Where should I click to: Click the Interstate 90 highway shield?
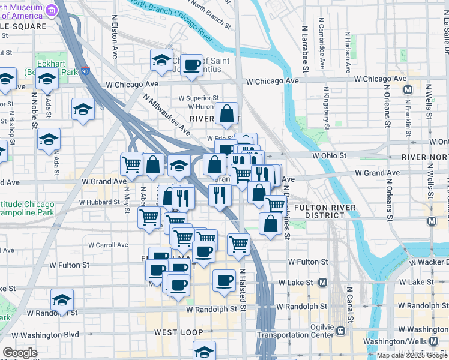[86, 71]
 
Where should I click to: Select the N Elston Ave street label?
[115, 35]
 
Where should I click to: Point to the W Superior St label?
[199, 98]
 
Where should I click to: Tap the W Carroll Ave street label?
[108, 245]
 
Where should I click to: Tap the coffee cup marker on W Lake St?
[224, 280]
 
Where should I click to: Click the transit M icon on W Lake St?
[323, 282]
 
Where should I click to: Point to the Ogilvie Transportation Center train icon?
[340, 330]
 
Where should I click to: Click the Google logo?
[20, 353]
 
